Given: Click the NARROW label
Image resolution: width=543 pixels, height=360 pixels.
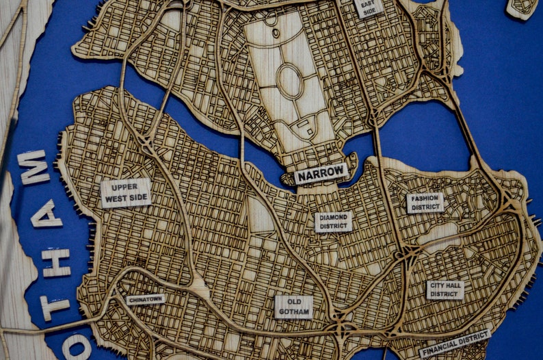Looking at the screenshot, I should [x=321, y=174].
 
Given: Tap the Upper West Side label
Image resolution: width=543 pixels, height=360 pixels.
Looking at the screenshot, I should [x=126, y=193].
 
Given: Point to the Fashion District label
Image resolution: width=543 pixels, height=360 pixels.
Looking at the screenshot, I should [x=425, y=203].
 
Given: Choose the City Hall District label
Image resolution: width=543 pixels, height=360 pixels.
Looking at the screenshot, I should [x=445, y=290].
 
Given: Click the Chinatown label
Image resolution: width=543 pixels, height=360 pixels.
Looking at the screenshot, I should [x=146, y=299].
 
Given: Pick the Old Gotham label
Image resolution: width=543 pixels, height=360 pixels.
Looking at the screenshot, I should [x=294, y=307].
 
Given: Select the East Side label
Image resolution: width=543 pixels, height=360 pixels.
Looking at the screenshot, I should [x=369, y=8].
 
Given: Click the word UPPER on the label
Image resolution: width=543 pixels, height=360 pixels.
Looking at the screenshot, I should [x=126, y=187].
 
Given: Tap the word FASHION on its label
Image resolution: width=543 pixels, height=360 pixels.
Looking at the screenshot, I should [x=425, y=198].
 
